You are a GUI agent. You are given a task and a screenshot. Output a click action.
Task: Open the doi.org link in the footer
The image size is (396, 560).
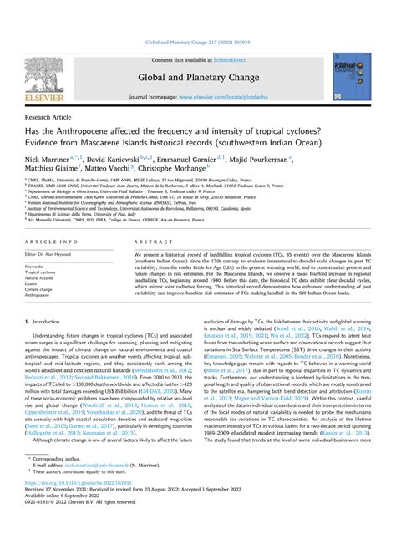point(74,530)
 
